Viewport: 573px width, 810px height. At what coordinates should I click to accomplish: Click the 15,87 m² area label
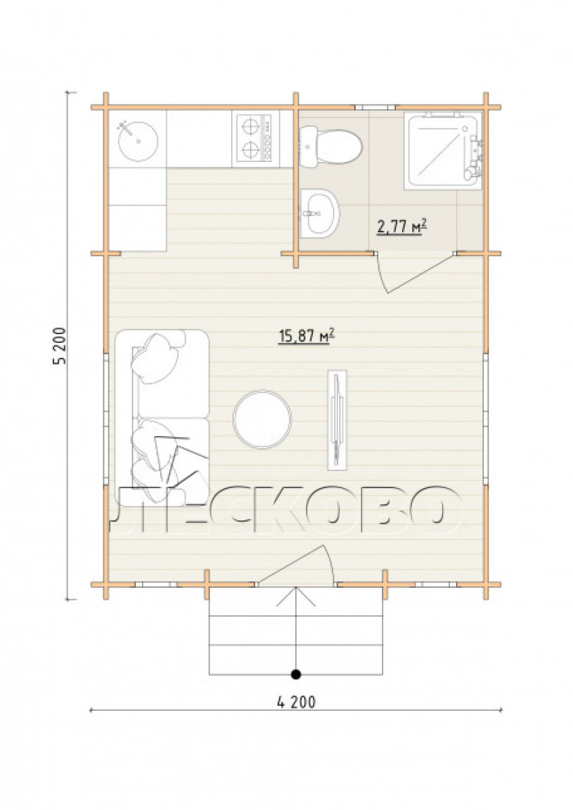tap(306, 337)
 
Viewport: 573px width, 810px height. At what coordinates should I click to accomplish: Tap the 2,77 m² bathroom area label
tap(402, 227)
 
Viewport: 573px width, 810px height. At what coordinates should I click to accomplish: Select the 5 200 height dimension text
tap(60, 346)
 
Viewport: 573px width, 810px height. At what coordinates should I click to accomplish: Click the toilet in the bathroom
tap(331, 146)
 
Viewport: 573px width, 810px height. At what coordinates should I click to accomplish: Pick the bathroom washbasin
tap(320, 213)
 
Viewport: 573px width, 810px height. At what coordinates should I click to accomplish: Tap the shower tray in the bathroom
tap(444, 151)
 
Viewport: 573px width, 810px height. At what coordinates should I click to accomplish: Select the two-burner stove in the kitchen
tap(254, 138)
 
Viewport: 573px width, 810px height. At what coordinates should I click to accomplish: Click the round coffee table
tap(262, 419)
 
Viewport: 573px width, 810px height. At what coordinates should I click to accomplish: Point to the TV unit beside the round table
tap(337, 420)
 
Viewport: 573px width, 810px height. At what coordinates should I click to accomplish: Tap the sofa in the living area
tap(161, 419)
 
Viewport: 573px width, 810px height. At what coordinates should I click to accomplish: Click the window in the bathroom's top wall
tap(374, 107)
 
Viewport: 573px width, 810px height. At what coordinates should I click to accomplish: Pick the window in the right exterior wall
tap(486, 418)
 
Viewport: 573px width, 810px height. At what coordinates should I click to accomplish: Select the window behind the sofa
tap(106, 418)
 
